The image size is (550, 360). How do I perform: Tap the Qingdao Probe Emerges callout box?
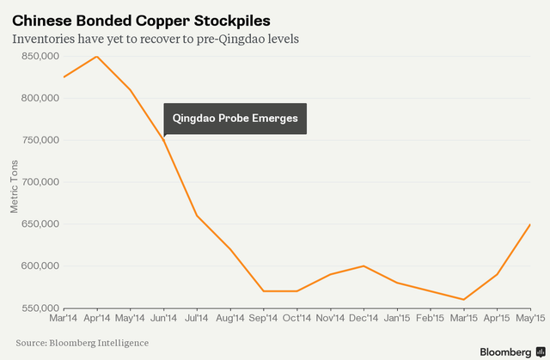coord(235,119)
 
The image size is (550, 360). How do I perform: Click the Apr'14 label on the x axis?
coord(97,318)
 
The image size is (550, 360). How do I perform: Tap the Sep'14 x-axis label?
coord(263,318)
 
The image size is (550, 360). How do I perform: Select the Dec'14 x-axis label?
coord(363,318)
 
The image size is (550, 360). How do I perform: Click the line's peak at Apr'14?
coord(97,57)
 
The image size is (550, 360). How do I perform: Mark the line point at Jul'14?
coord(197,216)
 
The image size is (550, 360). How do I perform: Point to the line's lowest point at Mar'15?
coord(462,300)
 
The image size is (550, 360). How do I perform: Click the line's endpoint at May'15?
coord(529,224)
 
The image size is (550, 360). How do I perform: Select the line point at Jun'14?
coord(163,140)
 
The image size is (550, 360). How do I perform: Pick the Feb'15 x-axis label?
coord(430,318)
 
